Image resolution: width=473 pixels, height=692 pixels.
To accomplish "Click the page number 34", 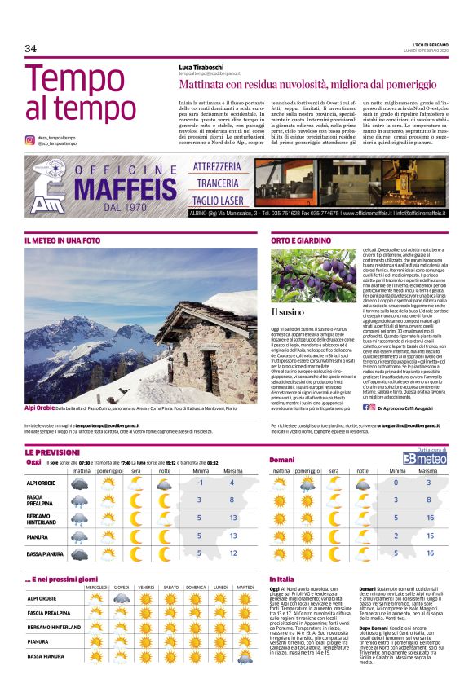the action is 30,49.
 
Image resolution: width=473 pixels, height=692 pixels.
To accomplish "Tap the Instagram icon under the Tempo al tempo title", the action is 29,140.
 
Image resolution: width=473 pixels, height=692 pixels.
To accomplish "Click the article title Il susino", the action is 288,312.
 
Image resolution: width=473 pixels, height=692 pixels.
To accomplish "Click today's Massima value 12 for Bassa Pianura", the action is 233,553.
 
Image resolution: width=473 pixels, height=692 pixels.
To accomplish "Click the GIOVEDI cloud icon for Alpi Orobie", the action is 121,599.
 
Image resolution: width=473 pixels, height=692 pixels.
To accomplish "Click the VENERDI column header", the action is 146,587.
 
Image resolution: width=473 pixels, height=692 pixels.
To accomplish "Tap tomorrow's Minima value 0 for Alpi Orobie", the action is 396,483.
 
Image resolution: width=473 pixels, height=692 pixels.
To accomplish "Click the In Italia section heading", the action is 282,579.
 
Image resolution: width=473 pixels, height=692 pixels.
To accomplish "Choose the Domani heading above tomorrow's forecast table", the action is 282,461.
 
